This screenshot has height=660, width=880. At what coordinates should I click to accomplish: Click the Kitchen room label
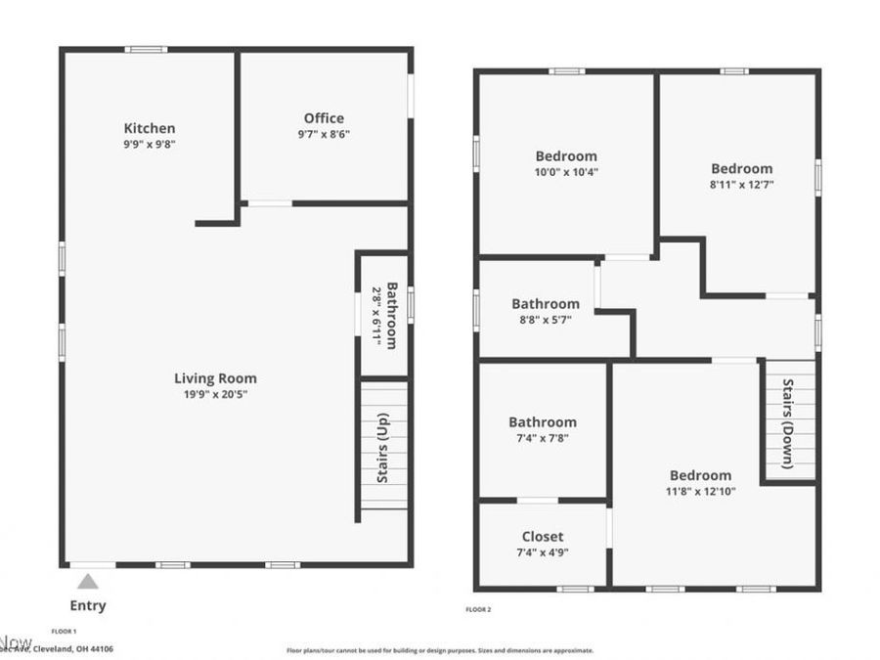point(150,128)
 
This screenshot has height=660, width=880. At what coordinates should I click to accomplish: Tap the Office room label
point(324,118)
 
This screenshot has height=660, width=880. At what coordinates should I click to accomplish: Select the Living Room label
point(215,378)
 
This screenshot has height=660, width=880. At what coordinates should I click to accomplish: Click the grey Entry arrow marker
point(88,582)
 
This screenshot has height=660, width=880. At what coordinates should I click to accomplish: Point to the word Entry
point(88,605)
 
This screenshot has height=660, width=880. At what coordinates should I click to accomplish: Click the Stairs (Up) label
point(382,448)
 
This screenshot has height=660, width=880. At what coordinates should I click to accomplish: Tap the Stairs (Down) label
point(788,422)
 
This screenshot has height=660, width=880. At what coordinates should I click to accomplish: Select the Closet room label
point(542,536)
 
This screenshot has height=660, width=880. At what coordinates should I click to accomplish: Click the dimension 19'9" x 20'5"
point(215,395)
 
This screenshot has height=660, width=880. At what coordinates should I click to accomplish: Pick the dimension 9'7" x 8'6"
point(324,135)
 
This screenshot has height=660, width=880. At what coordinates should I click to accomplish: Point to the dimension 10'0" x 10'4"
point(566,172)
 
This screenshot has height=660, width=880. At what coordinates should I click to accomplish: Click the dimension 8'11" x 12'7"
point(741,184)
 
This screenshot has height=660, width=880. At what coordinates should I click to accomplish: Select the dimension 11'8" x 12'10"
point(700,491)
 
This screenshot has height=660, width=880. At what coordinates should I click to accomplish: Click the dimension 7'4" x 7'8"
point(542,438)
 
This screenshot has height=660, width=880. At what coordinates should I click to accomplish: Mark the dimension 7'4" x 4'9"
point(542,551)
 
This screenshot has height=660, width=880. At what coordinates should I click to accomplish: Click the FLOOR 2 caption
point(478,610)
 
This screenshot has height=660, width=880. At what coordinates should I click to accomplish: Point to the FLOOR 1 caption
point(64,631)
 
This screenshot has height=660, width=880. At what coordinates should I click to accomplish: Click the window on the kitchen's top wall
point(146,50)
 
